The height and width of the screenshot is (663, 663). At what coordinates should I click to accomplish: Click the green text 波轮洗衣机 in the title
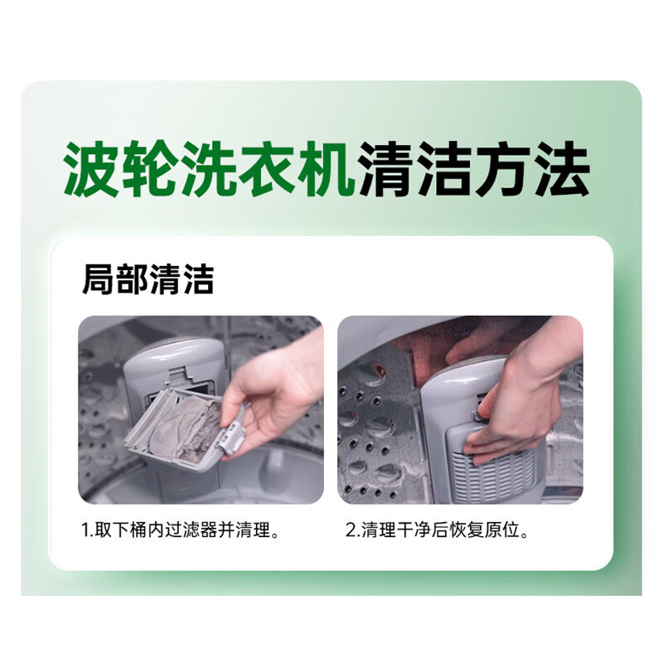pyautogui.click(x=210, y=170)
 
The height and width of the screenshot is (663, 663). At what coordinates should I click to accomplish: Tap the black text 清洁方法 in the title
pyautogui.click(x=474, y=170)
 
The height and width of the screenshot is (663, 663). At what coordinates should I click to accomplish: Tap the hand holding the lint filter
pyautogui.click(x=273, y=398)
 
